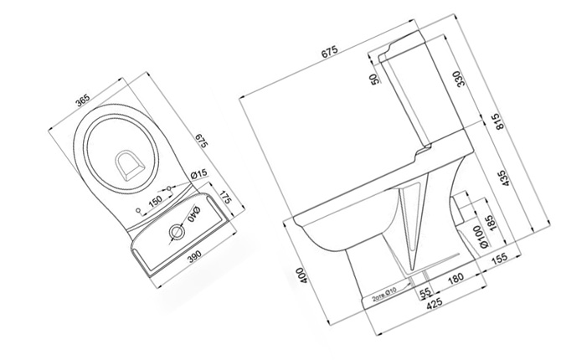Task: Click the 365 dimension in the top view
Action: [x=81, y=101]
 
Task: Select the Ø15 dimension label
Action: [x=199, y=173]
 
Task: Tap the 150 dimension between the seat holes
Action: [x=155, y=202]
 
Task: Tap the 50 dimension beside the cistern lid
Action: [x=374, y=81]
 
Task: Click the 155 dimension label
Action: [x=499, y=259]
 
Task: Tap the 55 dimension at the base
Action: [x=425, y=292]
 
